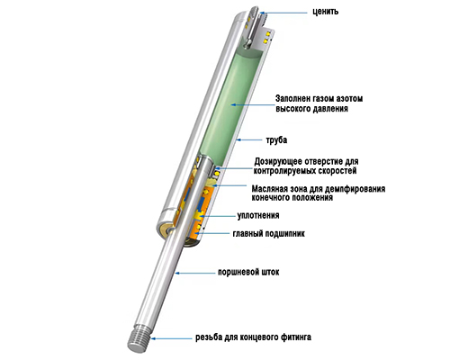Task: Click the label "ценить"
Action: point(326,12)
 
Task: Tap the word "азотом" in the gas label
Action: point(349,98)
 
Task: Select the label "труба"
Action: point(276,140)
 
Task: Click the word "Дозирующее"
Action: point(278,161)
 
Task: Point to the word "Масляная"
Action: point(270,189)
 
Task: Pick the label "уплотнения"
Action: point(258,215)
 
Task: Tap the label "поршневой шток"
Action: point(248,272)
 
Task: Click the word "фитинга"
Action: point(296,337)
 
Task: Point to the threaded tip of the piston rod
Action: point(139,339)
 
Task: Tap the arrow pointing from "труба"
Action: point(249,139)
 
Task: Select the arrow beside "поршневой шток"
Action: point(195,273)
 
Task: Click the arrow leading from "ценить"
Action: point(283,13)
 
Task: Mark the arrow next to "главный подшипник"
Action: point(213,233)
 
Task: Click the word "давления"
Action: point(330,109)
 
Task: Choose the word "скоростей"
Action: point(337,171)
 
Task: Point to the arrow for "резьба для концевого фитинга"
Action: point(171,338)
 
